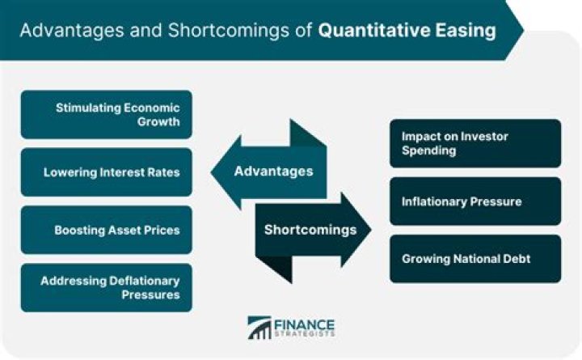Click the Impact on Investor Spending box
pyautogui.click(x=474, y=143)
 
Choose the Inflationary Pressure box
pyautogui.click(x=474, y=201)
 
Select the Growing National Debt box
pyautogui.click(x=474, y=259)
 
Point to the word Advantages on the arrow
pyautogui.click(x=272, y=172)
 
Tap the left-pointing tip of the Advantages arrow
pyautogui.click(x=215, y=172)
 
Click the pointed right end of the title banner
pyautogui.click(x=519, y=30)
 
